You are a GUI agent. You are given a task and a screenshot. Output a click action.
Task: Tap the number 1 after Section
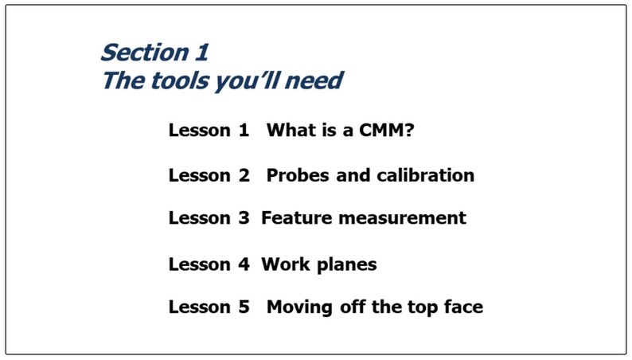click(201, 53)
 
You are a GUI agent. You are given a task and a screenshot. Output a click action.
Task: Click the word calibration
click(425, 175)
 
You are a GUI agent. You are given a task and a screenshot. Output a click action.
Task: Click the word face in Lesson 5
click(461, 307)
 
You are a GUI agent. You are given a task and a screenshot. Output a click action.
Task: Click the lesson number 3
click(244, 217)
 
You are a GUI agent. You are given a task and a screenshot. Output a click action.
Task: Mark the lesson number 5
click(244, 307)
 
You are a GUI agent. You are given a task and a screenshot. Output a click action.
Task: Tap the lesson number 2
click(244, 175)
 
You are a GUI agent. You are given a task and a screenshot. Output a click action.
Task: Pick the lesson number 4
click(244, 264)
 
